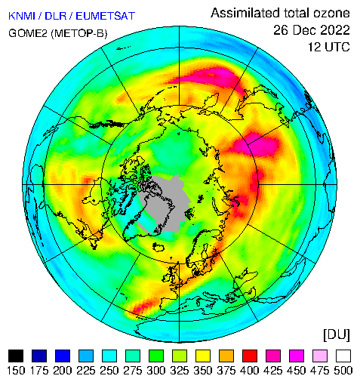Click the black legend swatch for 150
pyautogui.click(x=16, y=356)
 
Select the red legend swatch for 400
pyautogui.click(x=250, y=356)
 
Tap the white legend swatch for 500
pyautogui.click(x=343, y=356)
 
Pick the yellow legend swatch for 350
pyautogui.click(x=203, y=356)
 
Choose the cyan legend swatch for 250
pyautogui.click(x=109, y=356)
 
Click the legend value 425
pyautogui.click(x=273, y=371)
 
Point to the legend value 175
pyautogui.click(x=39, y=371)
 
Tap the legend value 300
pyautogui.click(x=156, y=371)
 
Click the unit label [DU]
pyautogui.click(x=337, y=335)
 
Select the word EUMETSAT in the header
pyautogui.click(x=106, y=16)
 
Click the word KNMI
pyautogui.click(x=22, y=16)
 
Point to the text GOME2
pyautogui.click(x=28, y=33)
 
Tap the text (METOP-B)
pyautogui.click(x=79, y=33)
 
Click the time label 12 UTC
pyautogui.click(x=329, y=47)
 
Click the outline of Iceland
pyautogui.click(x=158, y=247)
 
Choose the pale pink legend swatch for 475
pyautogui.click(x=320, y=356)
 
